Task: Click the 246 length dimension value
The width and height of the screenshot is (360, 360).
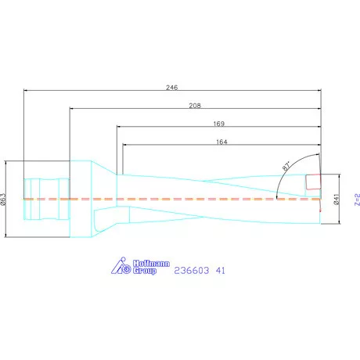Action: coord(171,87)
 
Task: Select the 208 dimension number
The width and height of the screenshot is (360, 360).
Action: coord(196,105)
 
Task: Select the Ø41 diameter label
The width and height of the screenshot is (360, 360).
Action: coord(335,200)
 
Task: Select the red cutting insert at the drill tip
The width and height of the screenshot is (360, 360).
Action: coord(313,182)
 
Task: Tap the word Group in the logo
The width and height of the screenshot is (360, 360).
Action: coord(143,271)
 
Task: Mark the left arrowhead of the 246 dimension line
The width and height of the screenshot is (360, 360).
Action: coord(27,92)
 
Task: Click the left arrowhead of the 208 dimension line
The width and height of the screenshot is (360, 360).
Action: coord(72,109)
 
